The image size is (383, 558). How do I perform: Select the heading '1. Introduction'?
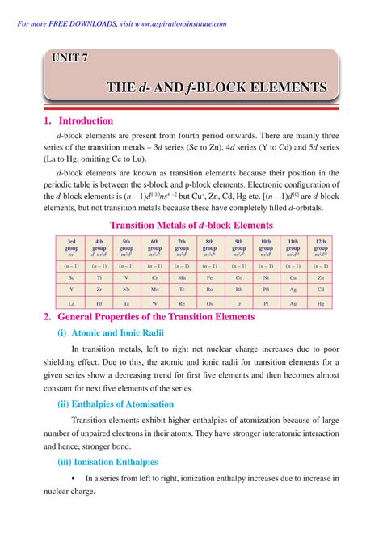(79, 121)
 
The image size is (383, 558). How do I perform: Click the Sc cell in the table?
(71, 277)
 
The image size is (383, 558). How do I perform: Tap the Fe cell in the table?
(209, 277)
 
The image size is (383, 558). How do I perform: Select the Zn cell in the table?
(320, 277)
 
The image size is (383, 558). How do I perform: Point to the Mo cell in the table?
(154, 289)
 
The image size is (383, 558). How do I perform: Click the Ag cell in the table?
(293, 289)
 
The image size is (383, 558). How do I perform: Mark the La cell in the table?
(71, 303)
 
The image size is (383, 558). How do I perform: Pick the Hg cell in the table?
(320, 303)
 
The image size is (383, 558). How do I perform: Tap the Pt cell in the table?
(265, 303)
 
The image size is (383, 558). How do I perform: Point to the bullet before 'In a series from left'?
(74, 479)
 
